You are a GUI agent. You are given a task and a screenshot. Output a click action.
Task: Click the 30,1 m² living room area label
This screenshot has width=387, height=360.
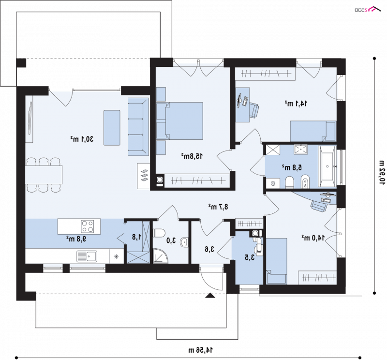pyautogui.click(x=82, y=139)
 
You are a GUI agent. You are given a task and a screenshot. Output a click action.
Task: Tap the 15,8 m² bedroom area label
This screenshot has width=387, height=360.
pyautogui.click(x=192, y=156)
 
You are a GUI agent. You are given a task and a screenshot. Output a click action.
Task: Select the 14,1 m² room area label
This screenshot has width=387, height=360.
pyautogui.click(x=296, y=103)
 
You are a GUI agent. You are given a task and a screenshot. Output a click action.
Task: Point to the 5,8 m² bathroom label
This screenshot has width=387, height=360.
pyautogui.click(x=292, y=167)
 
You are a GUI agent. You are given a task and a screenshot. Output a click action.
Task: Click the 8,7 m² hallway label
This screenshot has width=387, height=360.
pyautogui.click(x=218, y=207)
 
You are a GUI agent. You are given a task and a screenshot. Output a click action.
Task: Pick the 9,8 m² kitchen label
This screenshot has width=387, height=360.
pyautogui.click(x=76, y=239)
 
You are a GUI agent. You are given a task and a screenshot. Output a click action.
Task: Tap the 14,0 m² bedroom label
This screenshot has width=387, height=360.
pyautogui.click(x=313, y=238)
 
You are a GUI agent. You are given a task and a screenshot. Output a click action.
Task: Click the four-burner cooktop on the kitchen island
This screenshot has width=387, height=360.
pyautogui.click(x=88, y=226)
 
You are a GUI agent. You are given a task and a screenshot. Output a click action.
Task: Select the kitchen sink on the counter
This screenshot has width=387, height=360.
pyautogui.click(x=87, y=256)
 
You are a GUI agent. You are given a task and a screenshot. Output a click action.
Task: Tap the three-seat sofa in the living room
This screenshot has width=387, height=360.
pyautogui.click(x=138, y=127)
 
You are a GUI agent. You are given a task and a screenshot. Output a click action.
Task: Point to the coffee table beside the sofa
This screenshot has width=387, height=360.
pyautogui.click(x=112, y=128)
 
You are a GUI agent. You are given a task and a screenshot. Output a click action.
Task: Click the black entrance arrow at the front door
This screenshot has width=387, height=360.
pyautogui.click(x=210, y=295)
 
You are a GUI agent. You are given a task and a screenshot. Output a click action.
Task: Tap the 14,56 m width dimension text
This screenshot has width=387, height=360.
pyautogui.click(x=200, y=350)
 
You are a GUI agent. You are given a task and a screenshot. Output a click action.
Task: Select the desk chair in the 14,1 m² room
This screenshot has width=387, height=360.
pyautogui.click(x=254, y=110)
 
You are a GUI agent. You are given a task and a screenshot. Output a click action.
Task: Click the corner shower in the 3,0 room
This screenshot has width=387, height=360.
pyautogui.click(x=161, y=256)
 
